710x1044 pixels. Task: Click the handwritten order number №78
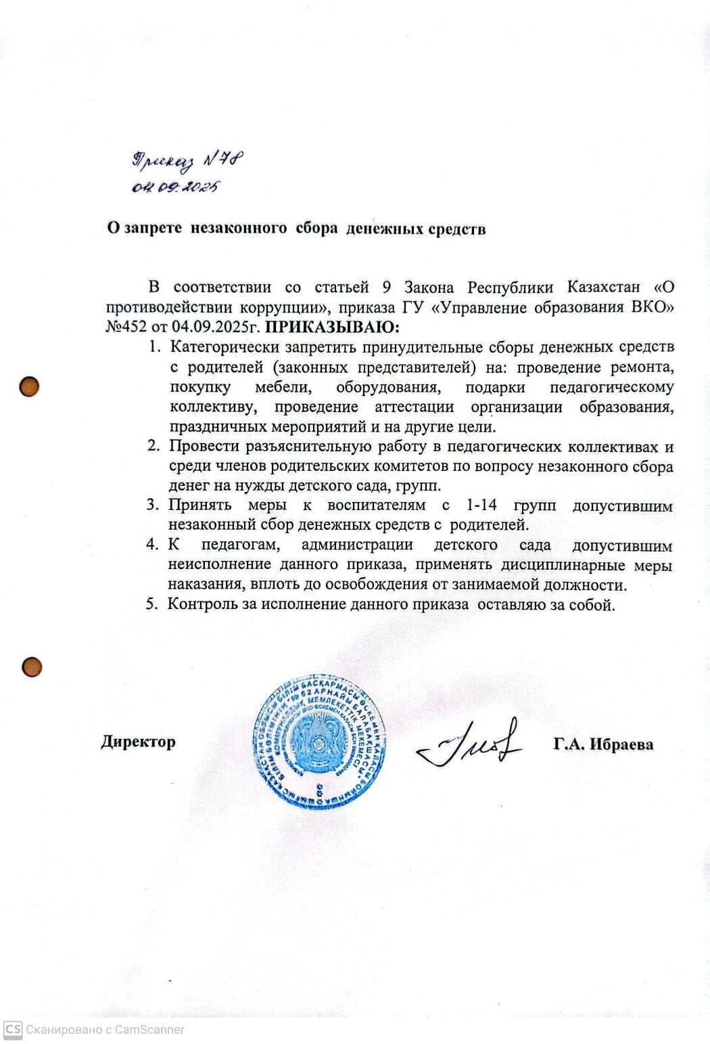click(x=224, y=160)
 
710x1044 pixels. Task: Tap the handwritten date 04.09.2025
click(x=175, y=187)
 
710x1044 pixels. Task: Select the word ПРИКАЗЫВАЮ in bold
click(x=332, y=327)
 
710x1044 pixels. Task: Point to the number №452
click(x=126, y=327)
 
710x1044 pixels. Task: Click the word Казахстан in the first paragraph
click(x=603, y=287)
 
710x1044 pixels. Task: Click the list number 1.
click(x=154, y=347)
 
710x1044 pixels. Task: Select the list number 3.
click(x=152, y=505)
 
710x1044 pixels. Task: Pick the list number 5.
click(x=151, y=604)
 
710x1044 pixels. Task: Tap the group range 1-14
click(x=481, y=505)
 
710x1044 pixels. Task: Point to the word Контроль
click(x=202, y=604)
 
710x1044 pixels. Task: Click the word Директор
click(x=139, y=742)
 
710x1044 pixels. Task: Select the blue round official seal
click(x=319, y=742)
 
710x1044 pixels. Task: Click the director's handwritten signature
click(x=469, y=743)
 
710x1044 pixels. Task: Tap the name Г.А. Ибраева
click(x=602, y=744)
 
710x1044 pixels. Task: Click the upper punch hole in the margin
click(x=29, y=387)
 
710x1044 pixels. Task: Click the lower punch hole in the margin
click(x=32, y=667)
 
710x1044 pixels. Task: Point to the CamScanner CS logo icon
click(x=13, y=1029)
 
